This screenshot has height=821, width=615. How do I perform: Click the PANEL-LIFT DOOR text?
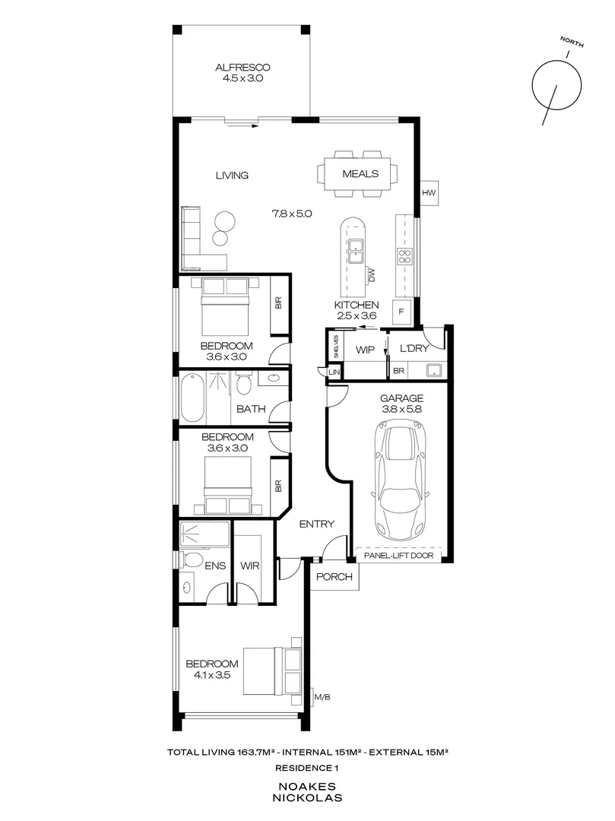click(400, 556)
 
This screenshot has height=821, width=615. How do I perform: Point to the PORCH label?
click(335, 577)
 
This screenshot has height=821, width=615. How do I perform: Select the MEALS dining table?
click(360, 174)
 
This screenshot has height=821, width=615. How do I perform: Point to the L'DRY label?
click(414, 349)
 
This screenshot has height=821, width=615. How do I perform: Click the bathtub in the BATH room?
click(192, 398)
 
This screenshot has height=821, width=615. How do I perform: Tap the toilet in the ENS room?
click(193, 562)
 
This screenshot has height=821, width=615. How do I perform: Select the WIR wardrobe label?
click(250, 566)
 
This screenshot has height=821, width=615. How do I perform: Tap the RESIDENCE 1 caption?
click(308, 769)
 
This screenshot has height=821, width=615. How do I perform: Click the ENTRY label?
click(316, 524)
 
